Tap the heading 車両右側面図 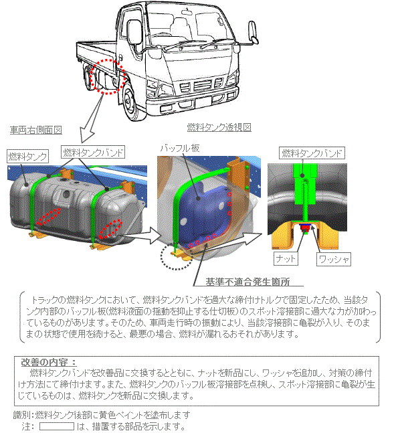(x=36, y=130)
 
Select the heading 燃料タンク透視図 (x=219, y=127)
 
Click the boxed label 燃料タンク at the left (x=28, y=157)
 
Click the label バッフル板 (x=180, y=149)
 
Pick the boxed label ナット (x=286, y=259)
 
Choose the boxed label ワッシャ (x=334, y=259)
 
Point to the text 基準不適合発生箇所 (x=247, y=282)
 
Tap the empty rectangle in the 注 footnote (x=57, y=426)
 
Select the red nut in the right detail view (x=305, y=228)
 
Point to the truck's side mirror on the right (x=254, y=32)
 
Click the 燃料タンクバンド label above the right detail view (x=312, y=153)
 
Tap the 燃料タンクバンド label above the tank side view (x=93, y=152)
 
